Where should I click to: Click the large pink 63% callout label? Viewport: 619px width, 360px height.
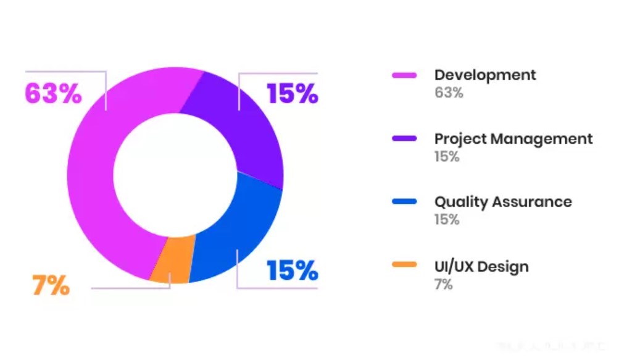[53, 94]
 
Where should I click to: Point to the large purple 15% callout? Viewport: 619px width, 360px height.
[292, 94]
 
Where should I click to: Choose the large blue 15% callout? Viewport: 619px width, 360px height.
[292, 270]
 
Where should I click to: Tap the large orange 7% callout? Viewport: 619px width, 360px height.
[51, 286]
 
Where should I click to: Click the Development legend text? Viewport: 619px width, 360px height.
[485, 75]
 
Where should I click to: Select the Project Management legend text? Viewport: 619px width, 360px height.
[513, 139]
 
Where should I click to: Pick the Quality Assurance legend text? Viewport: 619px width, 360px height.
[503, 202]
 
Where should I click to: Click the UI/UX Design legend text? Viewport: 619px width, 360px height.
[481, 267]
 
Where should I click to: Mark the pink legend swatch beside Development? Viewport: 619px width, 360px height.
[404, 75]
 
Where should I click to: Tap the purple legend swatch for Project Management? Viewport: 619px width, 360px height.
[404, 139]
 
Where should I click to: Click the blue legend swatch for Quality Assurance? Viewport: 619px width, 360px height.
[404, 202]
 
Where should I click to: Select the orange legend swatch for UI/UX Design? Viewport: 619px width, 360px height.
[404, 266]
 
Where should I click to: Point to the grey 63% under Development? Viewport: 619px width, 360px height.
[449, 93]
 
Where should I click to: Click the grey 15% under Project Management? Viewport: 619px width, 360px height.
[447, 157]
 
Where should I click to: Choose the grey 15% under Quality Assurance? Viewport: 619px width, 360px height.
[447, 220]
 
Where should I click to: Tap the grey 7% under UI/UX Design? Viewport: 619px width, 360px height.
[444, 285]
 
